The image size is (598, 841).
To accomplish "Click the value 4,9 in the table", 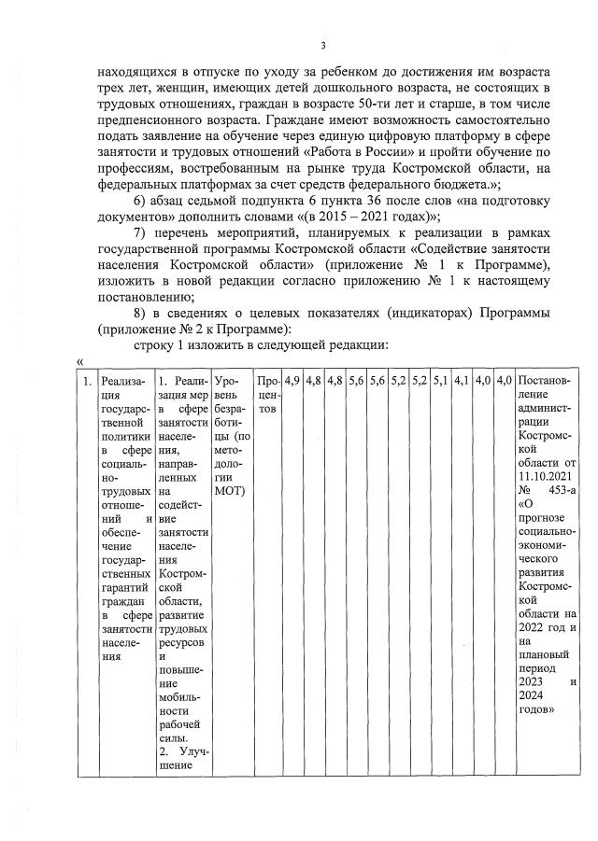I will (292, 381).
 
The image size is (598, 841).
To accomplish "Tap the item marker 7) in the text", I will (141, 231).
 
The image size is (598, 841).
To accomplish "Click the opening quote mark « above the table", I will (79, 361).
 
